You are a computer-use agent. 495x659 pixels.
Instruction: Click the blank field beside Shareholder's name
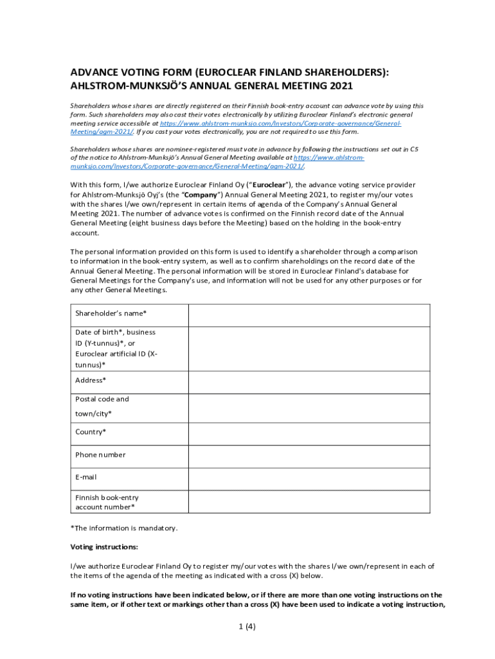(309, 315)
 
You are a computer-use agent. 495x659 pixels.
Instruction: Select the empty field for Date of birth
(309, 348)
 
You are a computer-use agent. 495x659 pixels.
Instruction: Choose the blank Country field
(309, 433)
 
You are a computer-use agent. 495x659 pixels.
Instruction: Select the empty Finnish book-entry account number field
(309, 502)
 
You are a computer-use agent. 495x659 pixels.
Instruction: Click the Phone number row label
(100, 455)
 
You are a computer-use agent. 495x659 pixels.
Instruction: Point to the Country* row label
(91, 432)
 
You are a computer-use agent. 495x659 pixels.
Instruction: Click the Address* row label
(91, 380)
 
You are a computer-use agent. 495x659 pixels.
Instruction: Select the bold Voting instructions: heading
(104, 547)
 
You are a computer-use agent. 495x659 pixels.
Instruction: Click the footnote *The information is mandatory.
(123, 528)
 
